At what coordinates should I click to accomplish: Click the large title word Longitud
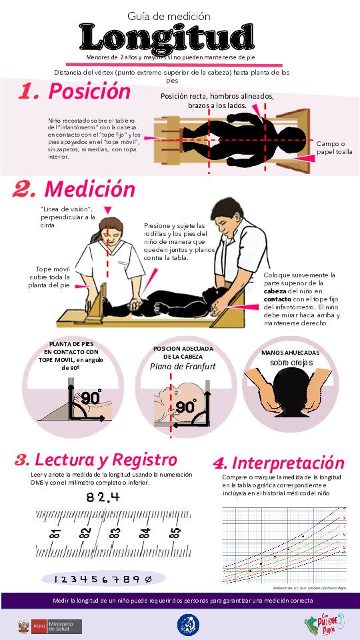167,37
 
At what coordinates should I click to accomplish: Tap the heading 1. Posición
74,91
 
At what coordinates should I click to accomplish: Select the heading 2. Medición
74,189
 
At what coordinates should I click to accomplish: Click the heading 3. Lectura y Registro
96,460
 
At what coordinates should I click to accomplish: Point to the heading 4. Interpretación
278,463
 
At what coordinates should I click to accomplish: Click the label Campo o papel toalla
334,147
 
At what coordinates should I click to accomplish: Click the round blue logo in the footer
187,625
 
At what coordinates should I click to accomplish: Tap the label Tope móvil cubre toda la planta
53,277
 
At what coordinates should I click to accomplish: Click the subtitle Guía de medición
169,15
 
